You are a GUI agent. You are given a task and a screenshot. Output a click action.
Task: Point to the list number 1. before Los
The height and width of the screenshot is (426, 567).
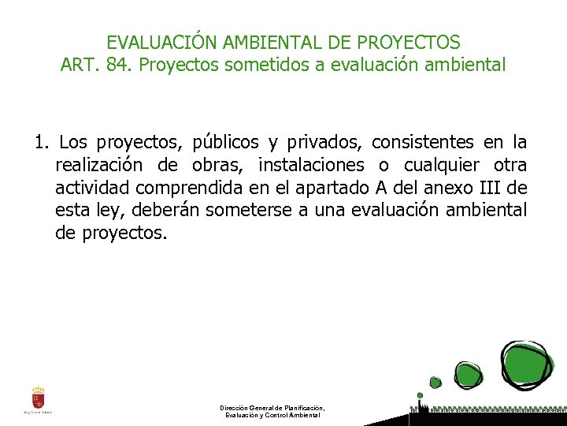pos(42,143)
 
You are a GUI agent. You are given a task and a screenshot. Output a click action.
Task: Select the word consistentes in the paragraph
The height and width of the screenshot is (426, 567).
pos(422,143)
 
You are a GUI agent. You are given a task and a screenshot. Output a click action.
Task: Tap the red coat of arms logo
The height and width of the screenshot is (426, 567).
pos(38,398)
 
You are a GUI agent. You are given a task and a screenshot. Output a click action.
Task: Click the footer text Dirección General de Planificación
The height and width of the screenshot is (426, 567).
pos(272,408)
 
